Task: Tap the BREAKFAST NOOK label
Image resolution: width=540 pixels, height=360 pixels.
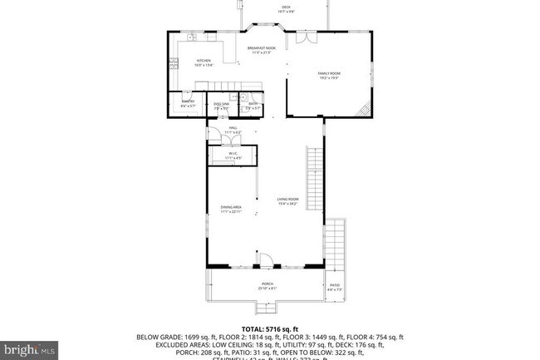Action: click(x=261, y=51)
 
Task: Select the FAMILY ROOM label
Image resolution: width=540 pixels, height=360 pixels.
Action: click(x=329, y=76)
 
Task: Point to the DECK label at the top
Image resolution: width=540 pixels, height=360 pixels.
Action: click(x=286, y=10)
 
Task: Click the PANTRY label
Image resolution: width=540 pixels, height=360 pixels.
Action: click(x=188, y=104)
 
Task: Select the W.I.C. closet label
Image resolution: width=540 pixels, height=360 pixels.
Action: click(x=233, y=155)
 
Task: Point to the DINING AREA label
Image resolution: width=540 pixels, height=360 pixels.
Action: click(x=231, y=209)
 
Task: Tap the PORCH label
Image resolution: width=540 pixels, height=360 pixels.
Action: click(x=268, y=285)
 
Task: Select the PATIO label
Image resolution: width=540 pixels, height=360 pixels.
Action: click(x=335, y=288)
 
